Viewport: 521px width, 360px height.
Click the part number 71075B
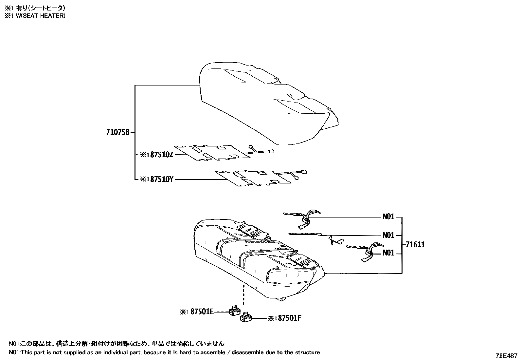click(118, 132)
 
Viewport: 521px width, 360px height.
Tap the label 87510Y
click(161, 180)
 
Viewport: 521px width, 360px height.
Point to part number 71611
click(415, 244)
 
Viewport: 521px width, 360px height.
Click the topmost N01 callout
click(388, 217)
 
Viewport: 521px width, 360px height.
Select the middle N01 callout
click(388, 235)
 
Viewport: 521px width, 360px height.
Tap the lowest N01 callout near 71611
click(388, 253)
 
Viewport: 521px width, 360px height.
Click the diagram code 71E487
click(506, 356)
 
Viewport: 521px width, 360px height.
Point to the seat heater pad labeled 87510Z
click(213, 153)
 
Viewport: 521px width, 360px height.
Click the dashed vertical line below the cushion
click(243, 293)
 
